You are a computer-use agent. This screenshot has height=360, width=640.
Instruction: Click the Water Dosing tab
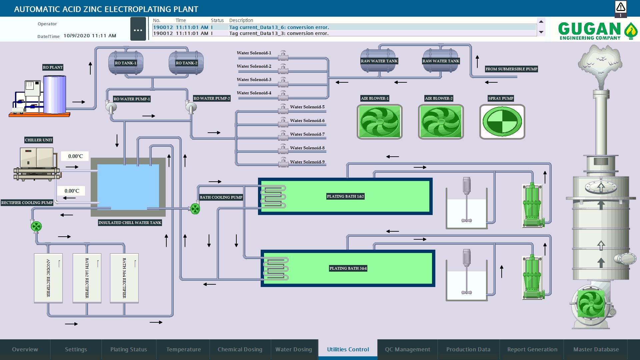[294, 349]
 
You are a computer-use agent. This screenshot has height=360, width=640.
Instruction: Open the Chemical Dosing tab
[240, 349]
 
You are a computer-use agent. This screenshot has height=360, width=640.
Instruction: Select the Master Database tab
[596, 349]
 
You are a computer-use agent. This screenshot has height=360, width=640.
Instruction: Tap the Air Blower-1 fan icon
[379, 122]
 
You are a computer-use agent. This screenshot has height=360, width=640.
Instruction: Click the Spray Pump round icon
[502, 122]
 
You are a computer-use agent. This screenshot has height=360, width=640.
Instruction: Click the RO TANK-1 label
[125, 63]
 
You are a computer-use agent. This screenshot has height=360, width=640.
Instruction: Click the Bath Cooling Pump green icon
[195, 209]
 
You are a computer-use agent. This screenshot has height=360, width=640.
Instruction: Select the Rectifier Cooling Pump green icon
[36, 227]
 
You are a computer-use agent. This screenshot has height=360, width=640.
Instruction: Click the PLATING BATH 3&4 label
[348, 268]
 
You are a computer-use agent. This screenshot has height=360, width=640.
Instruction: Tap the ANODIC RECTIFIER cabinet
[48, 278]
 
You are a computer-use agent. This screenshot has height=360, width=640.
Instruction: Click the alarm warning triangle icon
[621, 7]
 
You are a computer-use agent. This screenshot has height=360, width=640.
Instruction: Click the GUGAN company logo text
[589, 29]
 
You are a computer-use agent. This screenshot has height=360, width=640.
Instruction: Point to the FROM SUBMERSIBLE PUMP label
[511, 69]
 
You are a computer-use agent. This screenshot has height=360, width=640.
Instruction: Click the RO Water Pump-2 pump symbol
[191, 107]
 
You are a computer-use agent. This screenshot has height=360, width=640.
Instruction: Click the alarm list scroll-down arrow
[541, 32]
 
